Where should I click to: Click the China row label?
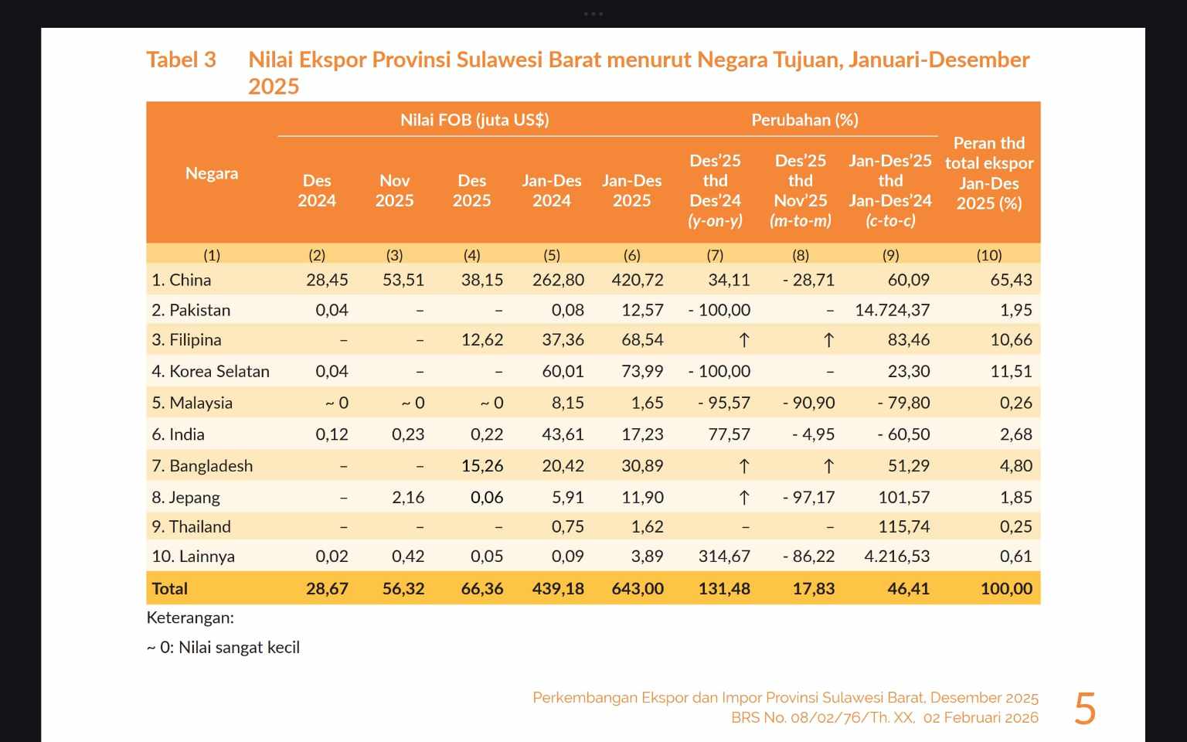tap(182, 280)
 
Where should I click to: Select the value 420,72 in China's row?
tap(638, 280)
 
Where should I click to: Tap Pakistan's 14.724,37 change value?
tap(893, 310)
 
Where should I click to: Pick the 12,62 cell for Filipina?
tap(482, 340)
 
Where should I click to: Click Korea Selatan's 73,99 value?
tap(642, 371)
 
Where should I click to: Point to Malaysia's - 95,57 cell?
tap(719, 403)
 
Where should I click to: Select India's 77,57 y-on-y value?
tap(729, 434)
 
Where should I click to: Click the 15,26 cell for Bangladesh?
tap(482, 466)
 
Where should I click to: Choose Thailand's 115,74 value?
tap(903, 527)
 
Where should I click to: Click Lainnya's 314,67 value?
tap(724, 556)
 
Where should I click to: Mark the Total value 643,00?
tap(638, 589)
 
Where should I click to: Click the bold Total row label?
tap(170, 589)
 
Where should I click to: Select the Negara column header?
tap(212, 173)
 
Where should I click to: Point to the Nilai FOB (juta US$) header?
tap(474, 120)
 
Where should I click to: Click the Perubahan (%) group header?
tap(804, 120)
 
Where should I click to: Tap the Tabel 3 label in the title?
tap(181, 60)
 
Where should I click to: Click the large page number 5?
tap(1085, 708)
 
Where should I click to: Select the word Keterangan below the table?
tap(190, 618)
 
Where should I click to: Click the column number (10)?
tap(988, 255)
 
